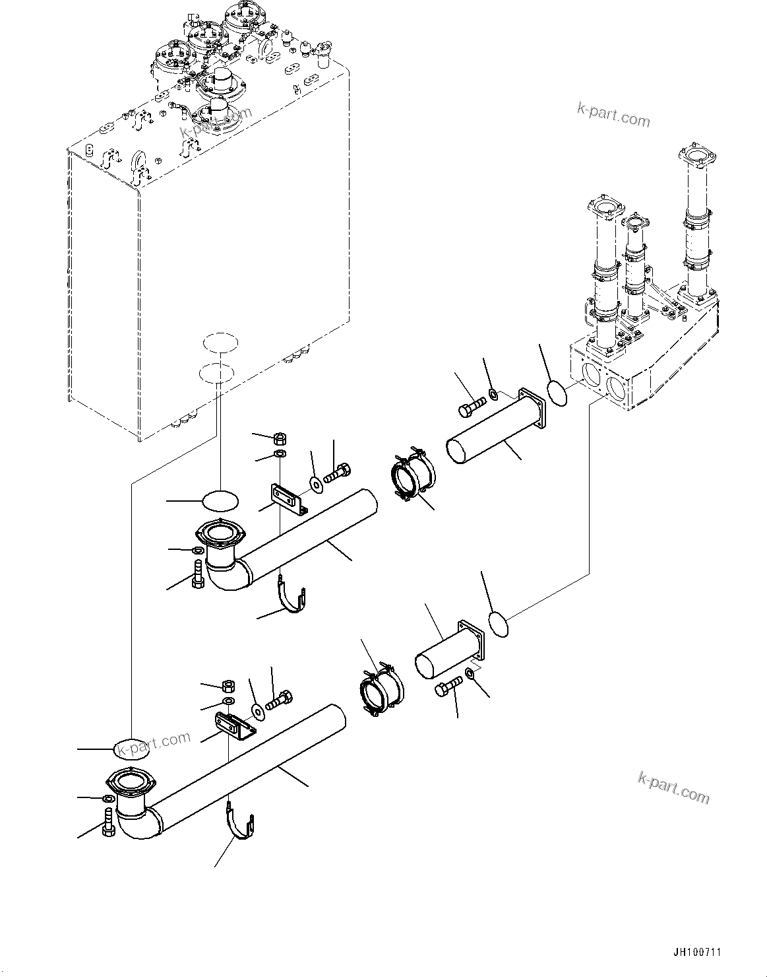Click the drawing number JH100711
[x=697, y=952]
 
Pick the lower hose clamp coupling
[x=381, y=690]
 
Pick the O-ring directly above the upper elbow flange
[x=220, y=501]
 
